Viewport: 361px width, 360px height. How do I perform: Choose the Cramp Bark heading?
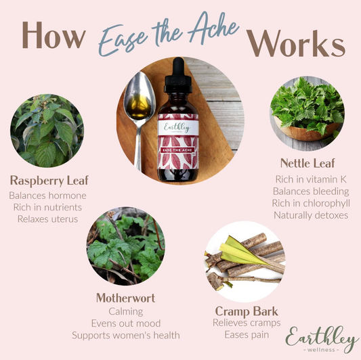coord(247,311)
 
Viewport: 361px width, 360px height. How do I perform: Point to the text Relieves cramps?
coord(247,323)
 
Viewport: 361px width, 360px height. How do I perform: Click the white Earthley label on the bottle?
coord(177,127)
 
